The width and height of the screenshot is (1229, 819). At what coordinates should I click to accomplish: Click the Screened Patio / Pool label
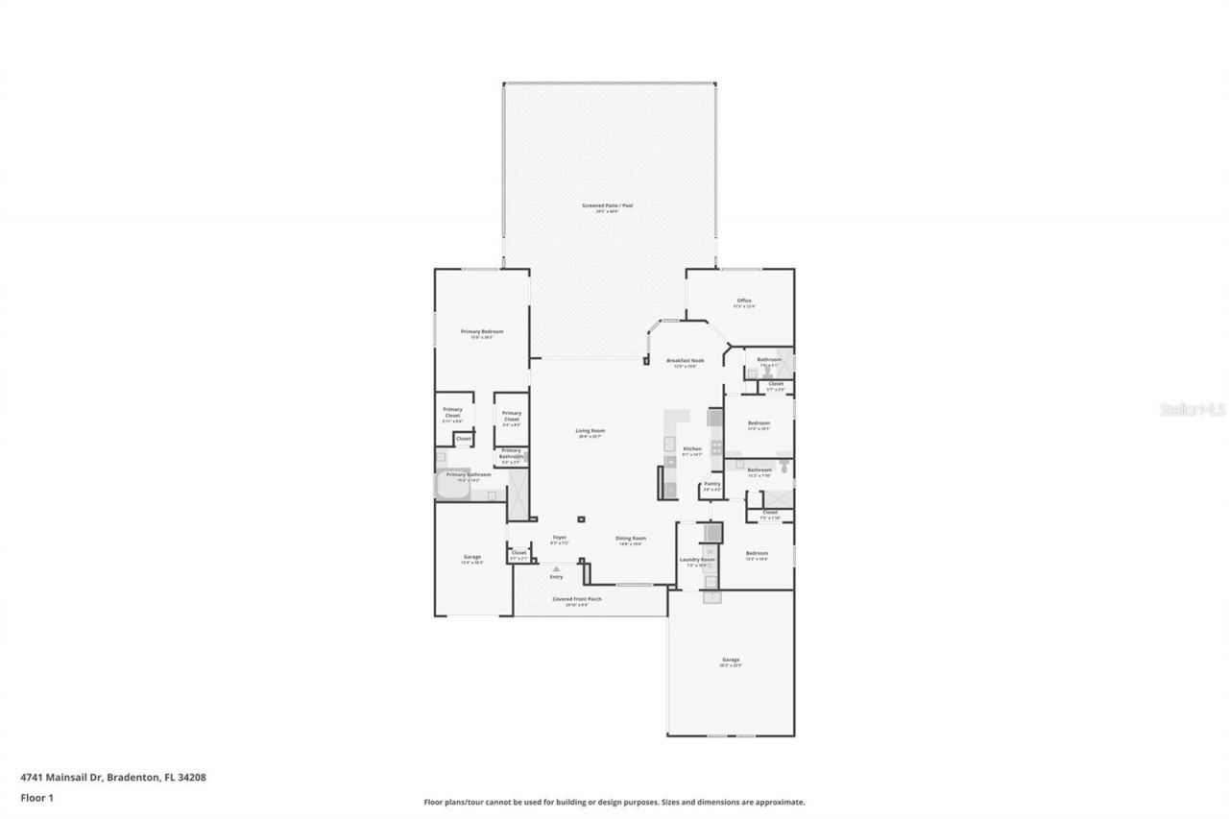(x=607, y=205)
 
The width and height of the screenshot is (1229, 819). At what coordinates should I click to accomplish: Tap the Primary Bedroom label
(x=482, y=331)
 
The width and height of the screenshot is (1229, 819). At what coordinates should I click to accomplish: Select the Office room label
(x=743, y=301)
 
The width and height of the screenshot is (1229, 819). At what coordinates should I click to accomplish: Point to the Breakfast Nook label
(x=686, y=360)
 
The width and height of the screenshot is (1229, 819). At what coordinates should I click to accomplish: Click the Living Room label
(x=590, y=431)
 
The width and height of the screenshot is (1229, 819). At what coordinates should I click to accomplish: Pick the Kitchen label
(x=692, y=449)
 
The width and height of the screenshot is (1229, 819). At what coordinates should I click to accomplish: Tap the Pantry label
(x=711, y=484)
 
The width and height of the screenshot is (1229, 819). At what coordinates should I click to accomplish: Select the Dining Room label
(x=631, y=539)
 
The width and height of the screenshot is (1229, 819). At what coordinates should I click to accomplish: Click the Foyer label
(x=559, y=538)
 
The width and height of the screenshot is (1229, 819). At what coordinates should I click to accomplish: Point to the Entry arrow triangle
(x=556, y=569)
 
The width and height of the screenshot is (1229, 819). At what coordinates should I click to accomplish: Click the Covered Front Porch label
(x=576, y=599)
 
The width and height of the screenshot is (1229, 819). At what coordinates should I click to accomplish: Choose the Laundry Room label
(x=697, y=559)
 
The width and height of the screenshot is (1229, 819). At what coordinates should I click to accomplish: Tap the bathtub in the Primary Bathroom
(x=451, y=489)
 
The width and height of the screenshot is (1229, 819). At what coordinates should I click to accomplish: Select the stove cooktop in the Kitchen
(x=715, y=418)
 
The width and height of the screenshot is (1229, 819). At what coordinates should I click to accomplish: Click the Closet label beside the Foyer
(x=518, y=553)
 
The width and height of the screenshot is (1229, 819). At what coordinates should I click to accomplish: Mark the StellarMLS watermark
(x=1193, y=409)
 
